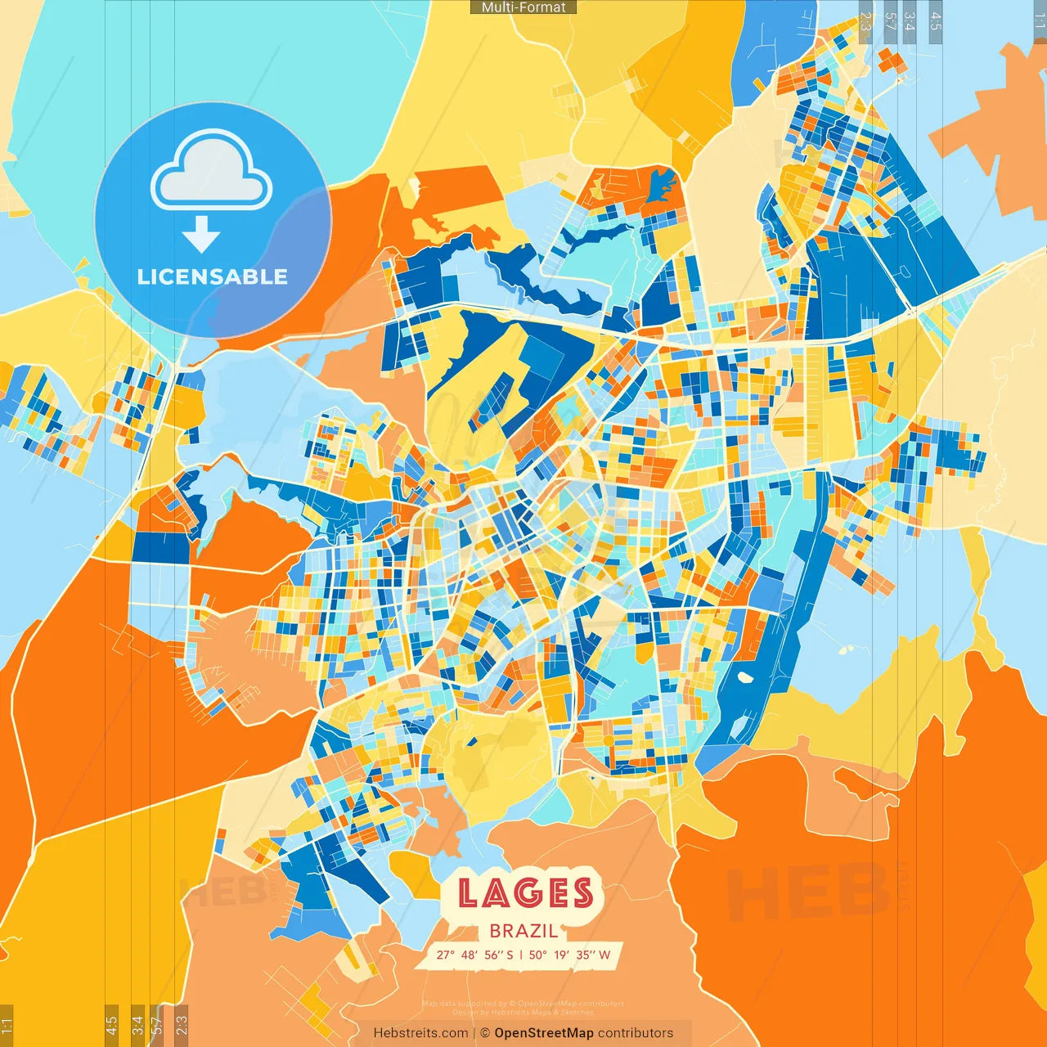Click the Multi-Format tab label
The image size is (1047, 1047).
(x=523, y=7)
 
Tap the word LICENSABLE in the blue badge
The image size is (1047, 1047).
(x=213, y=276)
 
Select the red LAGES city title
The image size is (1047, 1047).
(x=525, y=892)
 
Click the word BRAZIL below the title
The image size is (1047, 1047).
(x=524, y=931)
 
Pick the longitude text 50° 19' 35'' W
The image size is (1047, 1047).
(x=569, y=955)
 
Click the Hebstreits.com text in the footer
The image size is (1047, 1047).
(x=421, y=1033)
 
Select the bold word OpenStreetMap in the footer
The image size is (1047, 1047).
(x=544, y=1033)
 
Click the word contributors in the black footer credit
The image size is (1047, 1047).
(x=636, y=1033)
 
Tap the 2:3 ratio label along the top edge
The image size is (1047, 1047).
(x=865, y=20)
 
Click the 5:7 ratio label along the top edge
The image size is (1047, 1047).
(x=890, y=20)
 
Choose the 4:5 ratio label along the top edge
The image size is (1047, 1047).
(x=936, y=20)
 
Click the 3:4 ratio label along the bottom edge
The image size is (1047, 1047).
(x=137, y=1024)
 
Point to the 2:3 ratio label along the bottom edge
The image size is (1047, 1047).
(x=182, y=1024)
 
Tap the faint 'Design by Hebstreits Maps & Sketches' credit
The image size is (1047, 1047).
(x=523, y=1013)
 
